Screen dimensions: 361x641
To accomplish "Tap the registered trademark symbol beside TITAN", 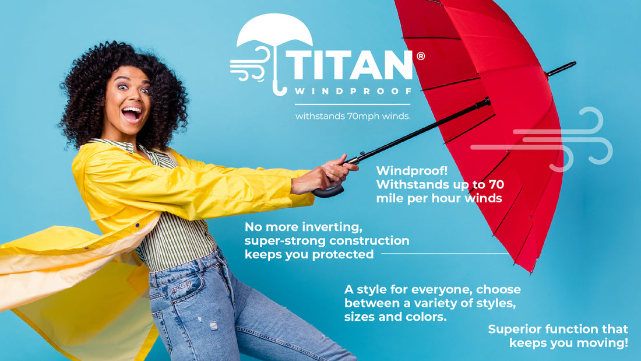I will [420, 56].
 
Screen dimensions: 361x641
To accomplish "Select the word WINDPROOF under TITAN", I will [353, 91].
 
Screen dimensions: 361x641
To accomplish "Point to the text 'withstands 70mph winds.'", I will [353, 116].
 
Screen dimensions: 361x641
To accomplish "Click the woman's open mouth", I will [132, 113].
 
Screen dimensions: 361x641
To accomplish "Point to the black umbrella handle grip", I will [327, 190].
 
